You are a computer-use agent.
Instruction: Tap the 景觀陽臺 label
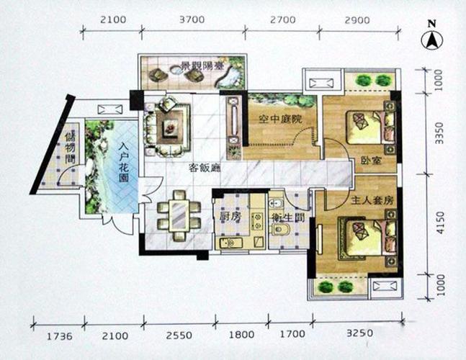point(201,66)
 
